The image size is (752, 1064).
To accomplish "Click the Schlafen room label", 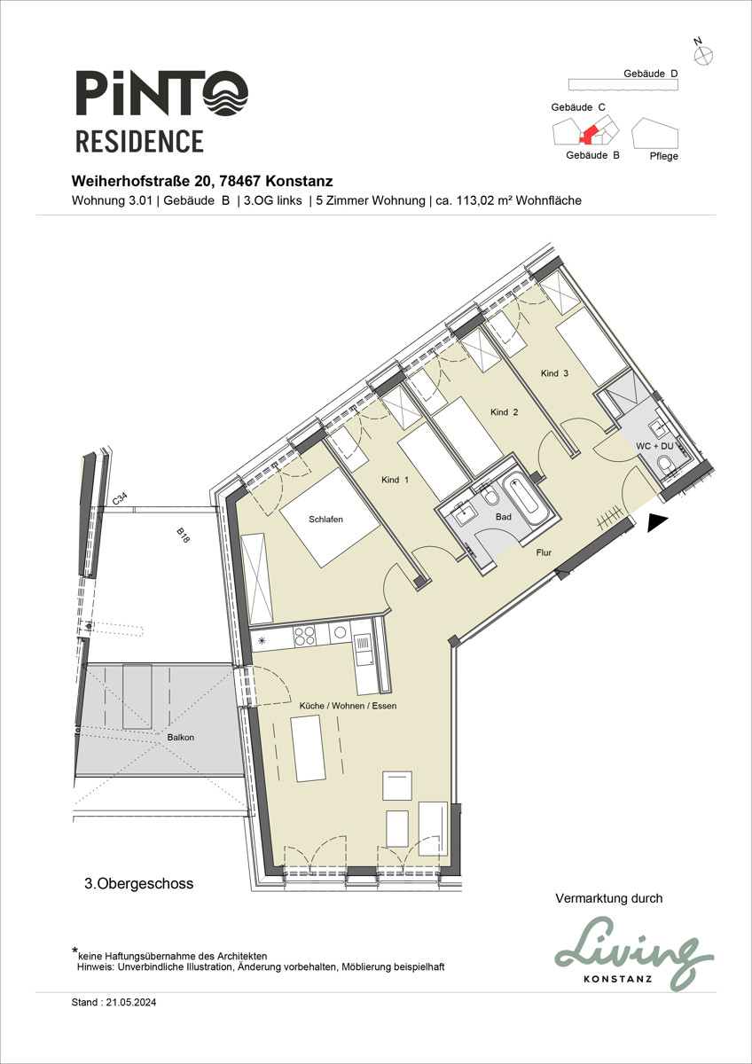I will tap(325, 520).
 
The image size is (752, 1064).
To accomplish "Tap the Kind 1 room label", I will tap(395, 480).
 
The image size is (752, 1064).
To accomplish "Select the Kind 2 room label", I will tap(504, 412).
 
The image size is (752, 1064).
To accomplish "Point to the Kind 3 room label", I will tap(554, 373).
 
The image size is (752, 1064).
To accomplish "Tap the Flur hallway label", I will tap(544, 552).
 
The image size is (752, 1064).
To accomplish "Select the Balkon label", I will tap(180, 737).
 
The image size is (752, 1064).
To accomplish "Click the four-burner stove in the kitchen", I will tap(304, 635).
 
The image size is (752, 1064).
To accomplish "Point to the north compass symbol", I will tap(703, 54).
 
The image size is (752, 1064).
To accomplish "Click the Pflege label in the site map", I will tap(663, 156).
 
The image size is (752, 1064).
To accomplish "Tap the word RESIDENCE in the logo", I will tap(139, 141).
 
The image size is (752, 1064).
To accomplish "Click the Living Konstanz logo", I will tap(633, 955).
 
